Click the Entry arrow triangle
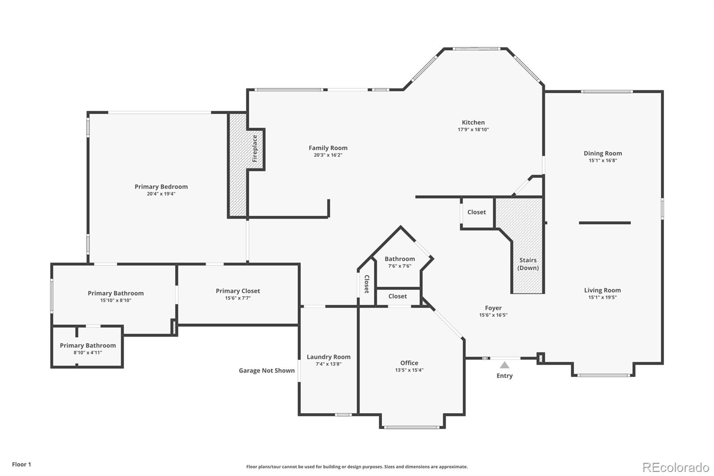point(504,365)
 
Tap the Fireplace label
point(255,149)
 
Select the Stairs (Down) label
point(528,264)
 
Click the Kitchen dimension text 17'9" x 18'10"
point(473,129)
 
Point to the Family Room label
point(328,148)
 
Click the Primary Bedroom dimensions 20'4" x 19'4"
point(161,194)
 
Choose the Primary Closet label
point(238,291)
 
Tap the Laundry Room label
point(328,357)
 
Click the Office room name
point(409,363)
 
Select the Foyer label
point(493,308)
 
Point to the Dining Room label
point(602,153)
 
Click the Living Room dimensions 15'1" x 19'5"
point(602,297)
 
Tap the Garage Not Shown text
point(266,370)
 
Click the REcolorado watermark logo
point(675,467)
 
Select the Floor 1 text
point(21,464)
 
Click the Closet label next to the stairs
point(477,212)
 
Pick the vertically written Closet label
point(367,284)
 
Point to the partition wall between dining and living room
point(605,223)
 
